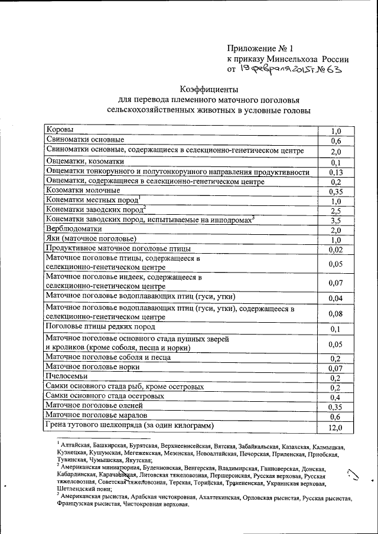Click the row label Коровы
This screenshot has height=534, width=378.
(61, 130)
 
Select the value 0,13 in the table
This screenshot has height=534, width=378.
(335, 172)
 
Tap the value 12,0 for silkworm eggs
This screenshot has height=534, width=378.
(335, 428)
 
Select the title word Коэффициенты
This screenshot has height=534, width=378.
(208, 90)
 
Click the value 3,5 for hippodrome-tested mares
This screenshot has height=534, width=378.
(335, 220)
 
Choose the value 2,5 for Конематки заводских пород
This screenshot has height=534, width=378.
(335, 210)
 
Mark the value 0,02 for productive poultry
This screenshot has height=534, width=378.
(335, 250)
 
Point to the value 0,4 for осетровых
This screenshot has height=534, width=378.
(335, 397)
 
